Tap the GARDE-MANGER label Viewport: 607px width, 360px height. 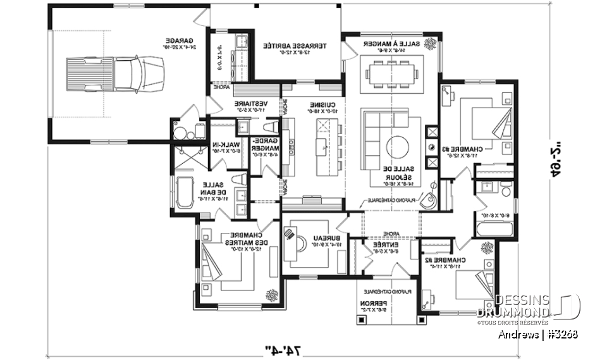point(264,147)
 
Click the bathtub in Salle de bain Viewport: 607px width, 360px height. point(183,192)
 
